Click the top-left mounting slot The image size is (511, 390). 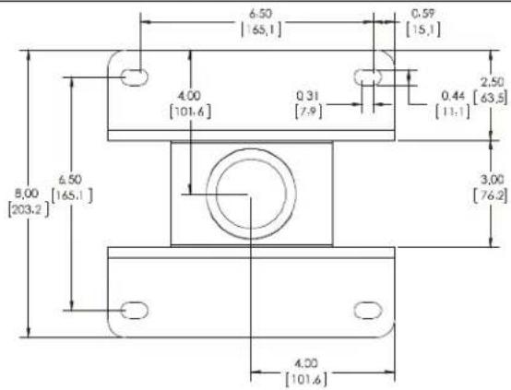pyautogui.click(x=135, y=77)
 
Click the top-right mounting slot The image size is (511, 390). pyautogui.click(x=368, y=77)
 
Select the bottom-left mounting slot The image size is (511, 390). pyautogui.click(x=135, y=310)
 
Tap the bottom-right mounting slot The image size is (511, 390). pyautogui.click(x=368, y=310)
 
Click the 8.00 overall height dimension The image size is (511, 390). pyautogui.click(x=27, y=194)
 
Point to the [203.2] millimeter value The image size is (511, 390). pyautogui.click(x=29, y=209)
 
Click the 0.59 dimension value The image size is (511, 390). pyautogui.click(x=423, y=14)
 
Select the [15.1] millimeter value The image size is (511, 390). pyautogui.click(x=423, y=30)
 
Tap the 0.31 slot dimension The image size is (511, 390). pyautogui.click(x=308, y=96)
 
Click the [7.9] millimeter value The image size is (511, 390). pyautogui.click(x=308, y=112)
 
